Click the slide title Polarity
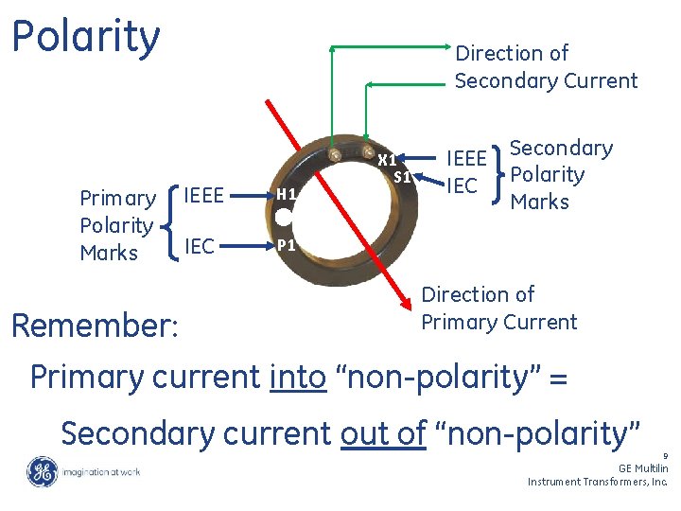86,38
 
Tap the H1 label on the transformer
288,194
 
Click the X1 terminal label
387,160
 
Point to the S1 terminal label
402,176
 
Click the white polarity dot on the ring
283,219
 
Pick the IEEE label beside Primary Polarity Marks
203,196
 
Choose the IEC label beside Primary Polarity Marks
199,247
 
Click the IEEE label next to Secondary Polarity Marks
466,158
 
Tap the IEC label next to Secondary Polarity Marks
462,185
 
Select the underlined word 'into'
298,377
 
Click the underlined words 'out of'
383,432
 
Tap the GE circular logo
43,472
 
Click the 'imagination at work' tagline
102,472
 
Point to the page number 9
665,455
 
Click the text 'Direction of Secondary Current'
546,67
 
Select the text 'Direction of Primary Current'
498,308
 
